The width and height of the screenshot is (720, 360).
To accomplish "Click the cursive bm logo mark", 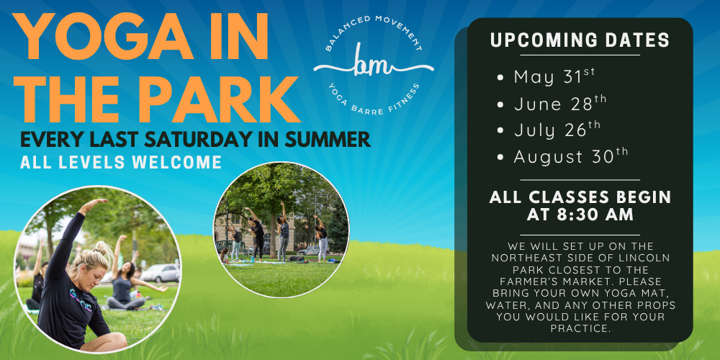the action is tap(373, 66).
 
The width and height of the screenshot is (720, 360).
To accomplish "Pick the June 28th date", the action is tap(560, 103).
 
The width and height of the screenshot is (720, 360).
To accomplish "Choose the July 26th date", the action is tap(557, 130).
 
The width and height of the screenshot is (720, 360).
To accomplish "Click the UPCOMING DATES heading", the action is tap(580, 40).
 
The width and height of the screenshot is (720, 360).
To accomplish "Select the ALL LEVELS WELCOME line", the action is tap(121, 163).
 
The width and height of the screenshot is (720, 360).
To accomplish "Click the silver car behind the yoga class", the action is tap(160, 273).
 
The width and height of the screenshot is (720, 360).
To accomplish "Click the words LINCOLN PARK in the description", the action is tap(600, 264).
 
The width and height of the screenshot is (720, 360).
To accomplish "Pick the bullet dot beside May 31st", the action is tap(500, 78).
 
